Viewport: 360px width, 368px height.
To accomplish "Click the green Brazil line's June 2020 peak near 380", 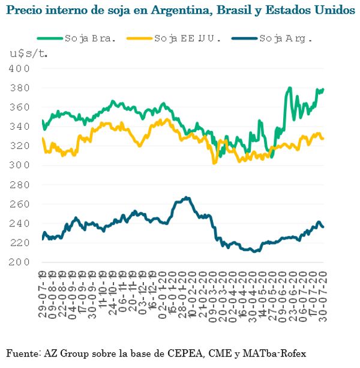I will [x=289, y=88].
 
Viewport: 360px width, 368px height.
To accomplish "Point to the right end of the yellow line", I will [x=323, y=139].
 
